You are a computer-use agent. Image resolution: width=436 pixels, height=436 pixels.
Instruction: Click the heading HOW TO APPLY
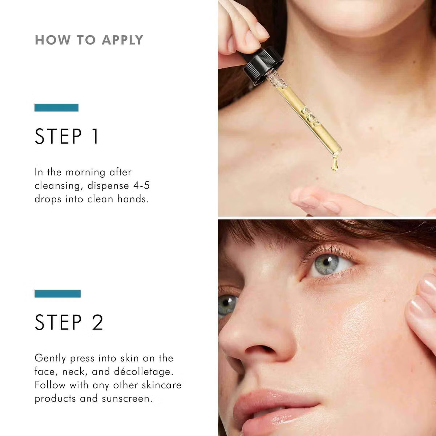pos(89,40)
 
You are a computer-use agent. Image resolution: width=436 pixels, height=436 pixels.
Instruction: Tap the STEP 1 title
pos(66,137)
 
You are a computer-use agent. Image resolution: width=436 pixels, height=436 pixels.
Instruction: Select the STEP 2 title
pos(69,323)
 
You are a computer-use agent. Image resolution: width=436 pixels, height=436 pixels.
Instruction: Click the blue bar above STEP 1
pos(56,108)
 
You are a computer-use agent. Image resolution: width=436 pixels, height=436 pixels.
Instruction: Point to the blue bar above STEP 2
pos(57,294)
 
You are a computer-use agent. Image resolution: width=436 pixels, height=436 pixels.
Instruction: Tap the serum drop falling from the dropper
pos(334,165)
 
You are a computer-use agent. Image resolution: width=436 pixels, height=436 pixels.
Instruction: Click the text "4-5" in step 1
pos(141,186)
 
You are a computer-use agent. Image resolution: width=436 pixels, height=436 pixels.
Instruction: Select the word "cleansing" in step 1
pos(57,186)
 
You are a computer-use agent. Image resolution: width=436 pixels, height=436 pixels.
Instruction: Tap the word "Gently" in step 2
pos(51,359)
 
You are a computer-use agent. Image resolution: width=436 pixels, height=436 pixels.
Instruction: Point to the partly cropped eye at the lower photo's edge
pos(227,304)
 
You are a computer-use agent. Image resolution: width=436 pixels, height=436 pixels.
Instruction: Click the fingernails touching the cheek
pos(423,298)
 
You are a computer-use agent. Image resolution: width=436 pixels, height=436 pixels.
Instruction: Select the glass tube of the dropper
pos(305,116)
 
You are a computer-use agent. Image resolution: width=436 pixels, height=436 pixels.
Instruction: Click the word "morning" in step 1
pos(85,172)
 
